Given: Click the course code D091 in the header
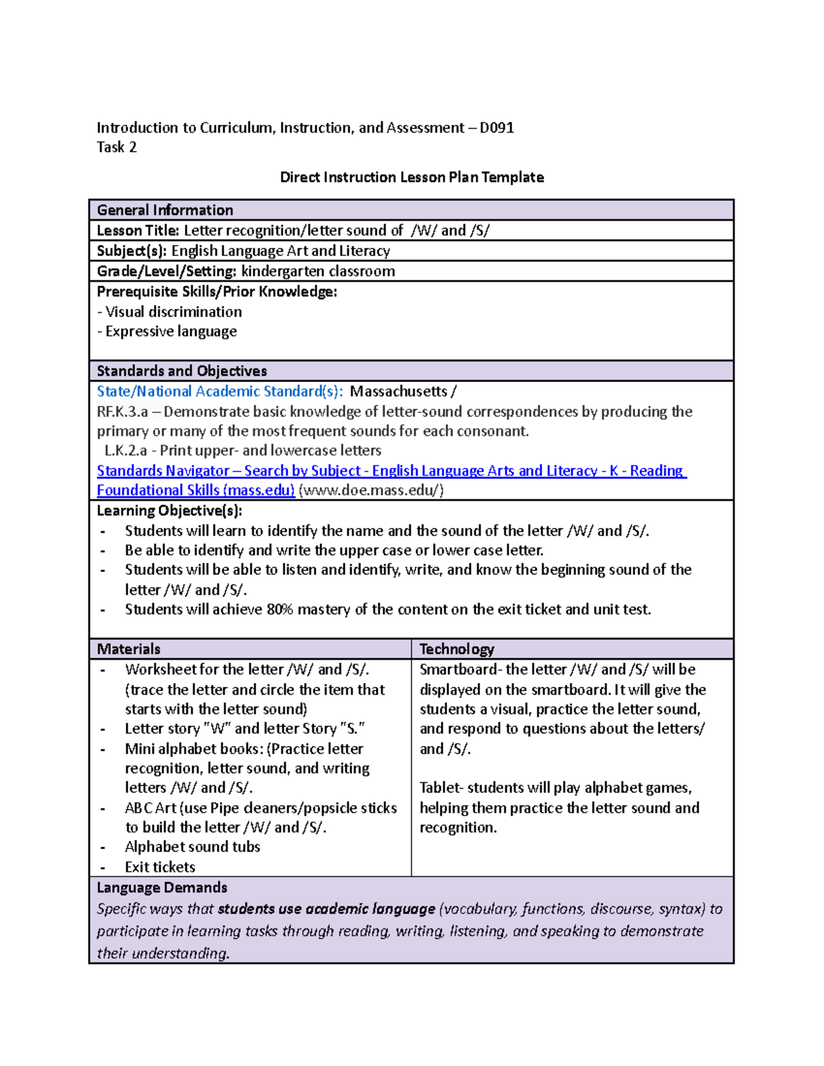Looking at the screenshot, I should click(x=496, y=128).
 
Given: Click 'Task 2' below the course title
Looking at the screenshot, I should click(x=117, y=147).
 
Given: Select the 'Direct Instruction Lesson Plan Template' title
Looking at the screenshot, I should click(x=411, y=177).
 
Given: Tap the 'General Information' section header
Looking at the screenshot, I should click(x=165, y=210).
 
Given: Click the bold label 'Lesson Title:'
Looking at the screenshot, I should click(x=138, y=231).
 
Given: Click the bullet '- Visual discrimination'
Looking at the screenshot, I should click(x=170, y=312).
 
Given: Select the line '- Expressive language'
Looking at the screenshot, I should click(x=167, y=332).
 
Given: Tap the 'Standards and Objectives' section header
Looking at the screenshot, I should click(x=182, y=371).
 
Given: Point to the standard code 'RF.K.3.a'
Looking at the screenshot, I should click(x=122, y=412).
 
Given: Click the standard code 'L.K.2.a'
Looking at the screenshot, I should click(x=126, y=451).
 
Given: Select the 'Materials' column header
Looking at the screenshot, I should click(x=128, y=649).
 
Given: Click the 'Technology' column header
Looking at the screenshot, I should click(x=457, y=649).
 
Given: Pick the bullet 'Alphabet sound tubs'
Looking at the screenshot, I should click(x=192, y=847).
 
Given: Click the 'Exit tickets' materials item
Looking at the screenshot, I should click(x=160, y=867).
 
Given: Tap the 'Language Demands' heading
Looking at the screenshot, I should click(x=162, y=888).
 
